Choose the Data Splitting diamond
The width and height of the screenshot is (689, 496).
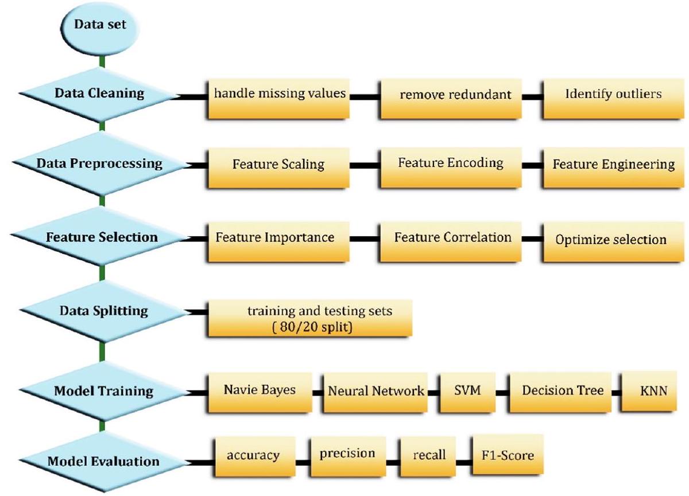[103, 311]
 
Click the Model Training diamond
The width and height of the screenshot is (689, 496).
[103, 391]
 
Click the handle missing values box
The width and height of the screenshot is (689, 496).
[280, 96]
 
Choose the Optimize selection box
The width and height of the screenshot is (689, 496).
[611, 240]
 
